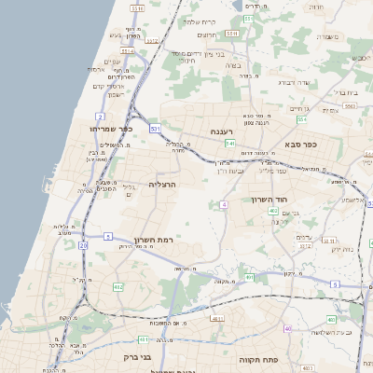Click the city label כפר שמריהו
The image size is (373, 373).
(112, 129)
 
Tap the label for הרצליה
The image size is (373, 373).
(162, 185)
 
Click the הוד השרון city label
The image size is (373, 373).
(272, 200)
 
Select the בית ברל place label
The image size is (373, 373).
(344, 93)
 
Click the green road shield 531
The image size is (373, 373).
(155, 128)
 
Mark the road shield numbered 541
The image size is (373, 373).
(228, 144)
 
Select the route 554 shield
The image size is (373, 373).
(302, 119)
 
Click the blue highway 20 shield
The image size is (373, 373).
(83, 245)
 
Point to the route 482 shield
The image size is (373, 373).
(118, 286)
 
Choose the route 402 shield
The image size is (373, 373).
(271, 212)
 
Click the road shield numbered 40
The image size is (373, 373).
(287, 329)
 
